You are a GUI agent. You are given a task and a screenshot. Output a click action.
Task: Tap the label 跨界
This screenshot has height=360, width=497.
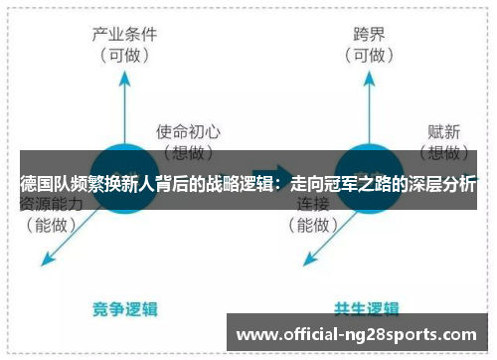point(368,34)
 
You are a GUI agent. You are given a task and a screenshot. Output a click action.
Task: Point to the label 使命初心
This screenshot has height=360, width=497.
point(188,130)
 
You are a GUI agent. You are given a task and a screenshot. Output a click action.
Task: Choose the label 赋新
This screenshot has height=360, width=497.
point(441,130)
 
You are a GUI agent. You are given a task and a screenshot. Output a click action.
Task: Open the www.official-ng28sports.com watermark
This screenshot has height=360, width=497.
point(359,334)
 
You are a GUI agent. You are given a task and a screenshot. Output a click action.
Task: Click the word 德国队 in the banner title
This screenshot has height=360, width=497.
point(43,186)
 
